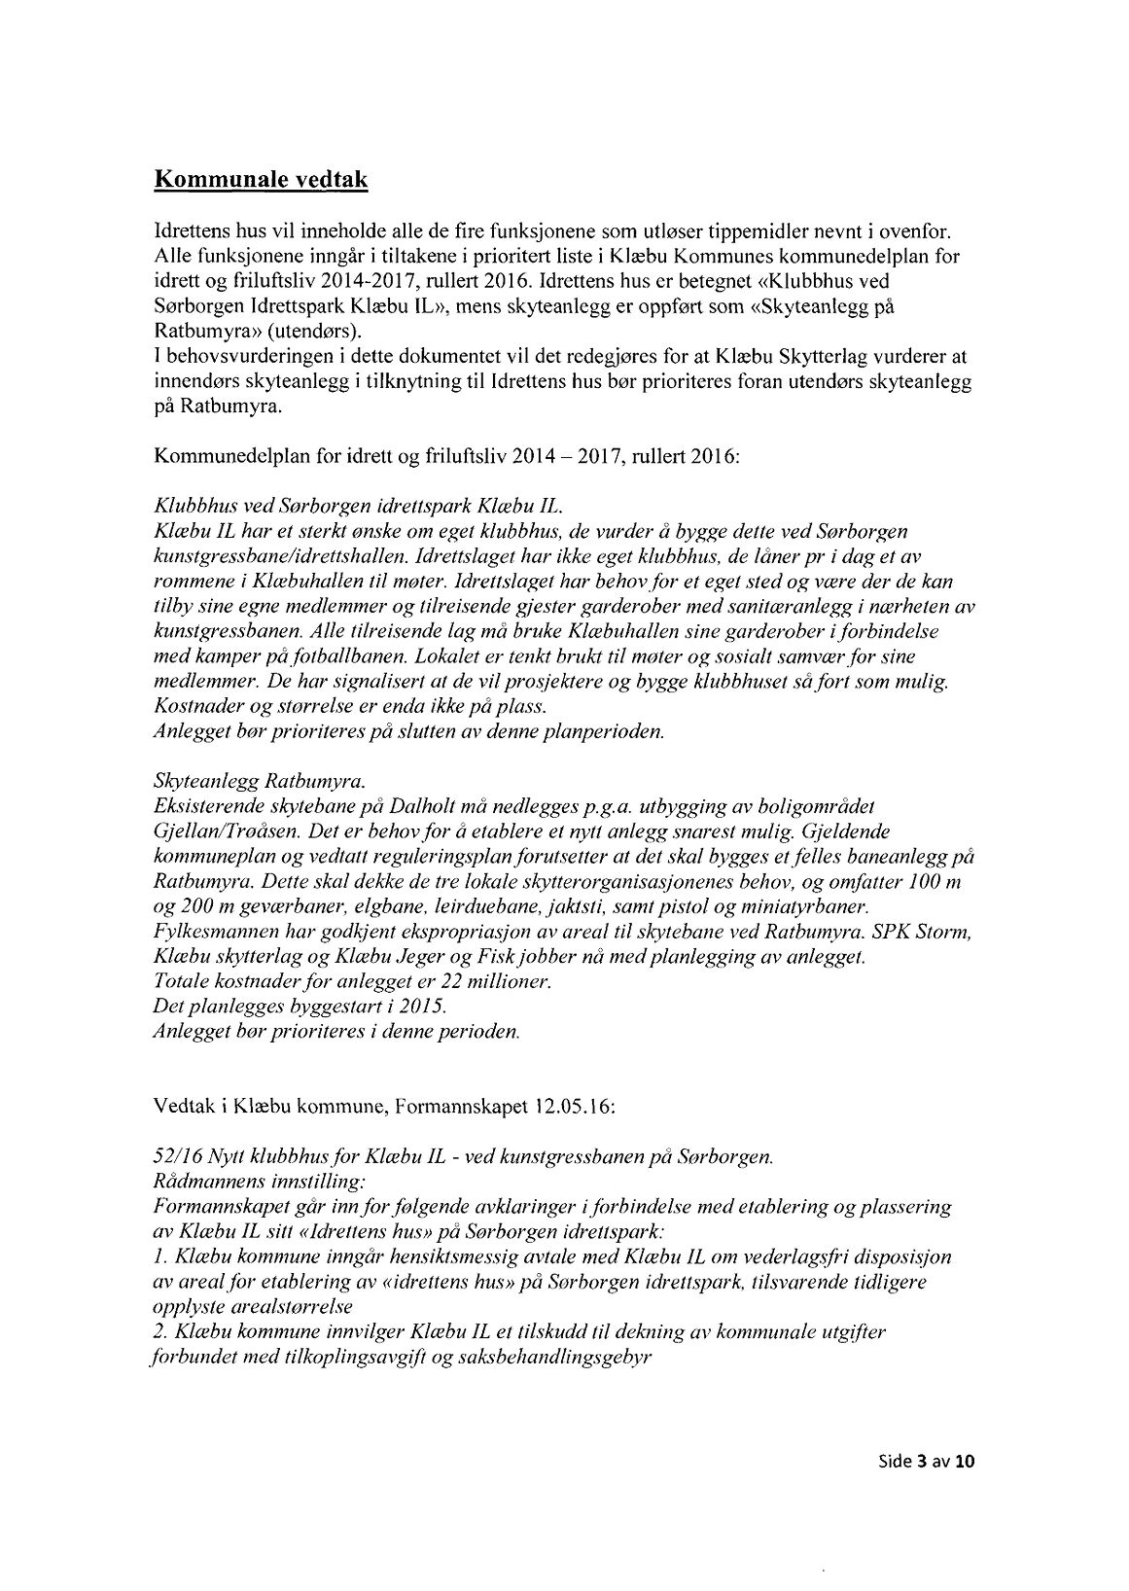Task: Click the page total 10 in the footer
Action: pos(966,1461)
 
